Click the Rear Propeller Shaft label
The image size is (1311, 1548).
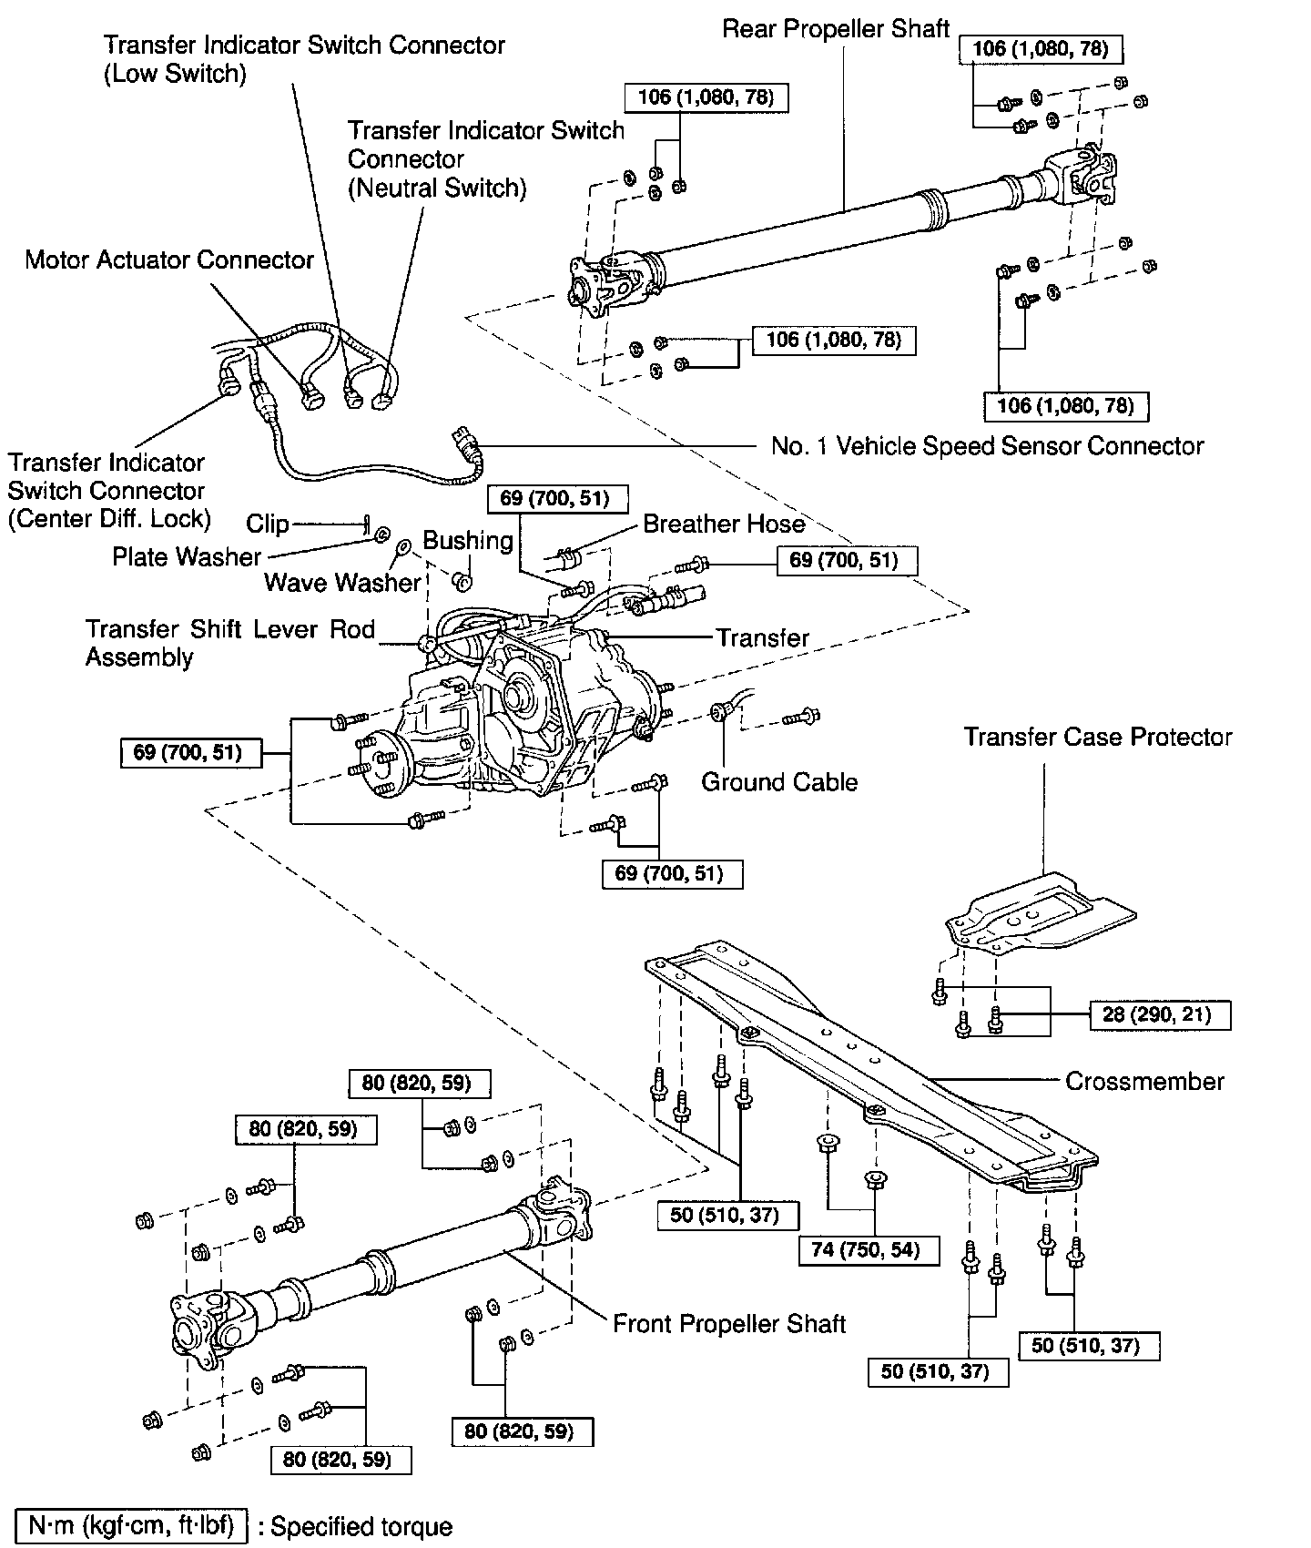tap(836, 29)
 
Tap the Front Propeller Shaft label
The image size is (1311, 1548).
tap(729, 1323)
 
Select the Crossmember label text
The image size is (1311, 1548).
tap(1144, 1081)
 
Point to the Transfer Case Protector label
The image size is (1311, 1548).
tap(1098, 737)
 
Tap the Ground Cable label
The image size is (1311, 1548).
tap(779, 782)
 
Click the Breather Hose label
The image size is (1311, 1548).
tap(724, 524)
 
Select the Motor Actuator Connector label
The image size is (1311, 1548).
tap(169, 260)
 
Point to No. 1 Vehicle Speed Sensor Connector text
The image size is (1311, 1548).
tap(987, 446)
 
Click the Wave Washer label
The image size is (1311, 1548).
tap(343, 582)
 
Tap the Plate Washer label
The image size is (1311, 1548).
tap(187, 556)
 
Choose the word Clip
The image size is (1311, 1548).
tap(268, 524)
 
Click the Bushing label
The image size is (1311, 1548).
tap(468, 541)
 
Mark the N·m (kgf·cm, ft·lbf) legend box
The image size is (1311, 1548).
tap(132, 1526)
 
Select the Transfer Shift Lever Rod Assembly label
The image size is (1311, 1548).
tap(229, 643)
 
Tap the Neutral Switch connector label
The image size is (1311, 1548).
tap(485, 159)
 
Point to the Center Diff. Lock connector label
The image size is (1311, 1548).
tap(109, 491)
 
